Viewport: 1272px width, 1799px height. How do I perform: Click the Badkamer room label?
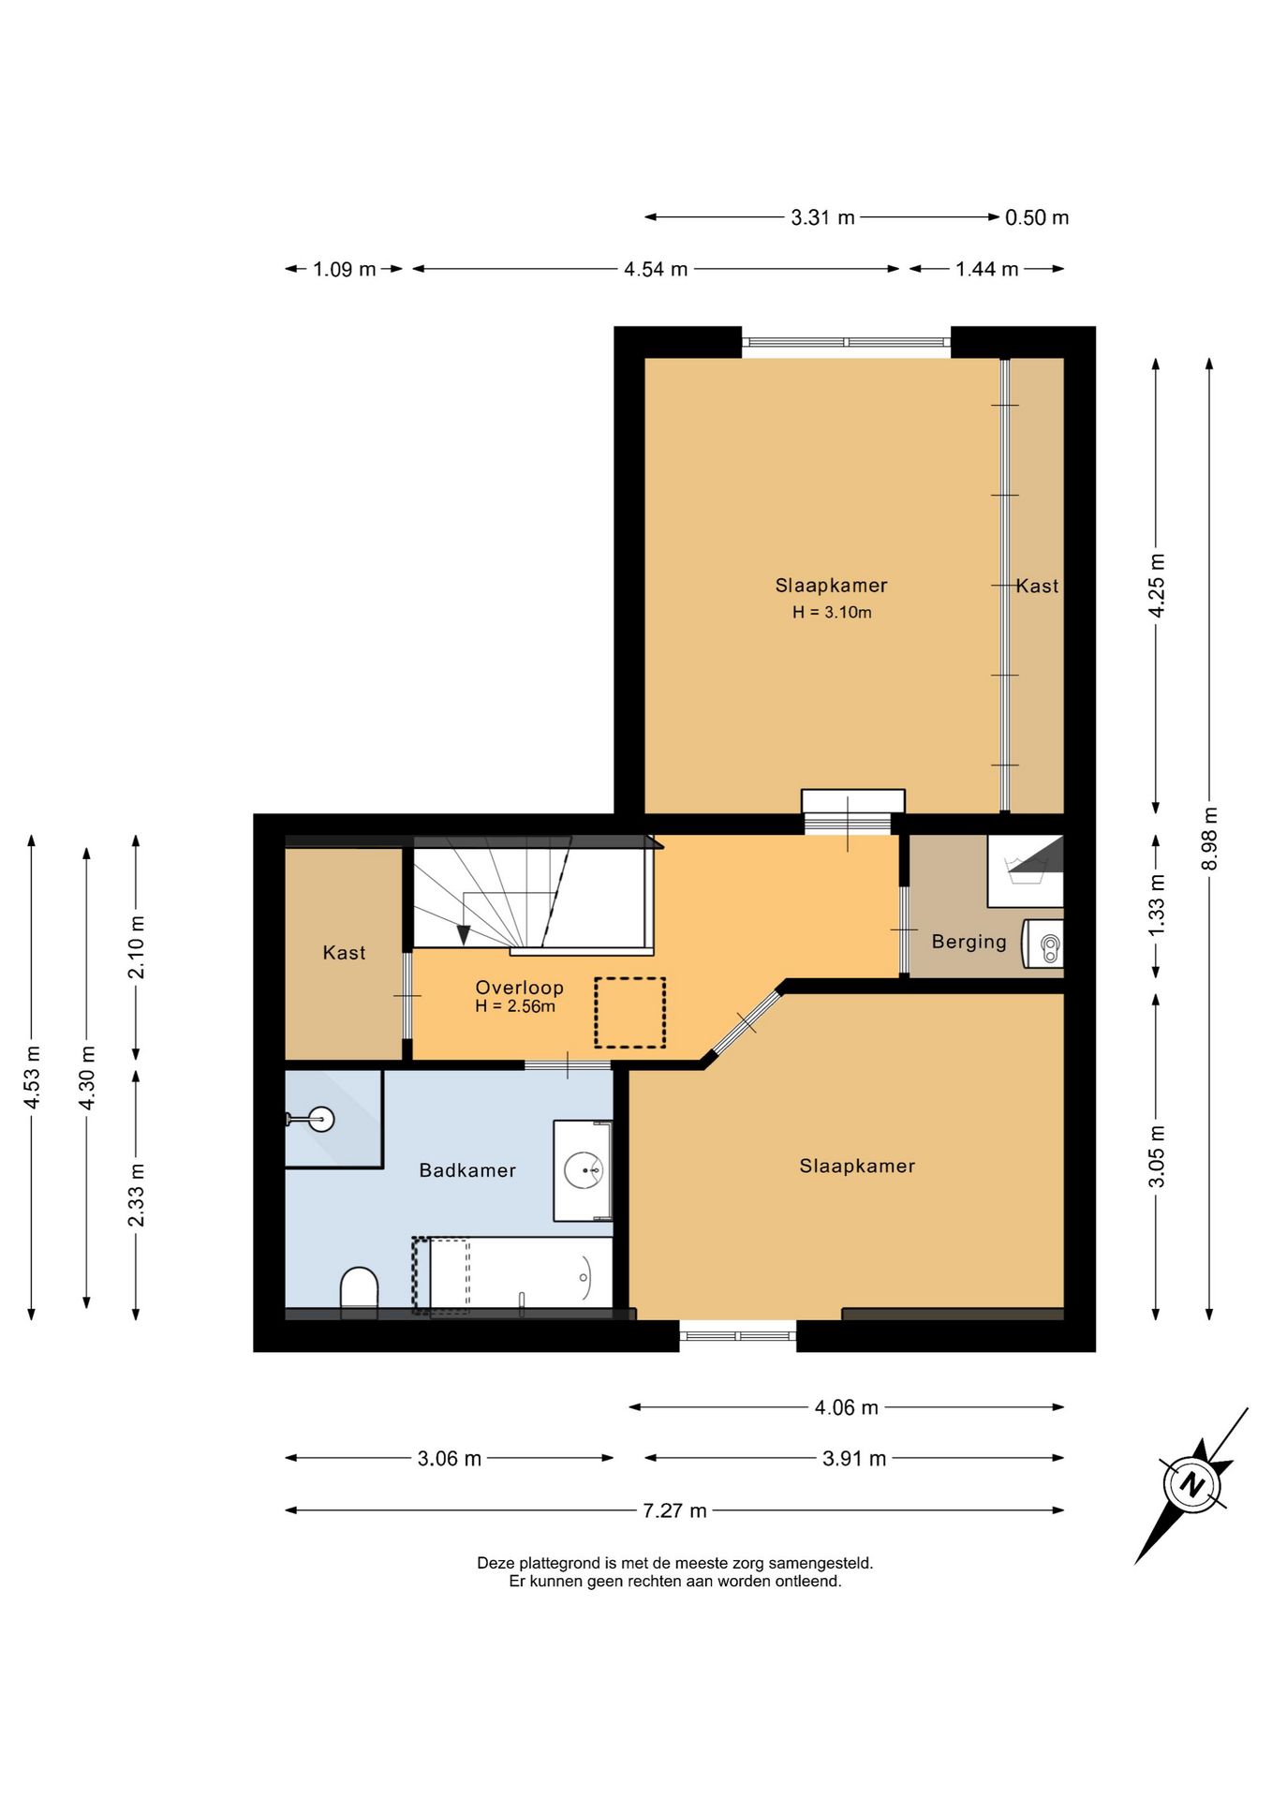(x=467, y=1170)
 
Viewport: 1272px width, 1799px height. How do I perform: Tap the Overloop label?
(x=519, y=988)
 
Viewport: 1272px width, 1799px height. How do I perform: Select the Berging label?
(x=969, y=942)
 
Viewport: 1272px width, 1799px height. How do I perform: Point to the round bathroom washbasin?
(x=584, y=1170)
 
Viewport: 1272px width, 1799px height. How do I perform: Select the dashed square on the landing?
(x=629, y=1012)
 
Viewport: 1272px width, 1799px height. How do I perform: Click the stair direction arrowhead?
(x=464, y=934)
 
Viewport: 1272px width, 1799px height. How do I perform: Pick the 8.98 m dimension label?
(x=1210, y=839)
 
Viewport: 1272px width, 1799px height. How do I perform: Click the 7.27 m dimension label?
(x=674, y=1510)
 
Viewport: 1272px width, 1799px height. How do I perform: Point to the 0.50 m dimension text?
(x=1037, y=217)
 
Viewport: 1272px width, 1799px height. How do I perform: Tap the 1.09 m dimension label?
(x=344, y=270)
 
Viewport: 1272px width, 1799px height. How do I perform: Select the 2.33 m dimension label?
(x=137, y=1195)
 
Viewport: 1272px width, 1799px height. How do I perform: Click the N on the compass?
(x=1192, y=1484)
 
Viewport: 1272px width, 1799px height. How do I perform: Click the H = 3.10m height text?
(x=832, y=613)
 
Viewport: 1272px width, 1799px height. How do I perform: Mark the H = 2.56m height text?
(x=515, y=1007)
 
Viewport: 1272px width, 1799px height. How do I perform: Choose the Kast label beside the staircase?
(x=344, y=953)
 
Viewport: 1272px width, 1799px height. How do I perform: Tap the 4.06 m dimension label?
(x=847, y=1407)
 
